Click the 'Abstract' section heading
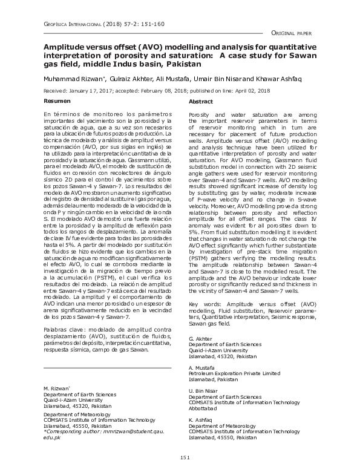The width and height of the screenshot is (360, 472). point(201,102)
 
